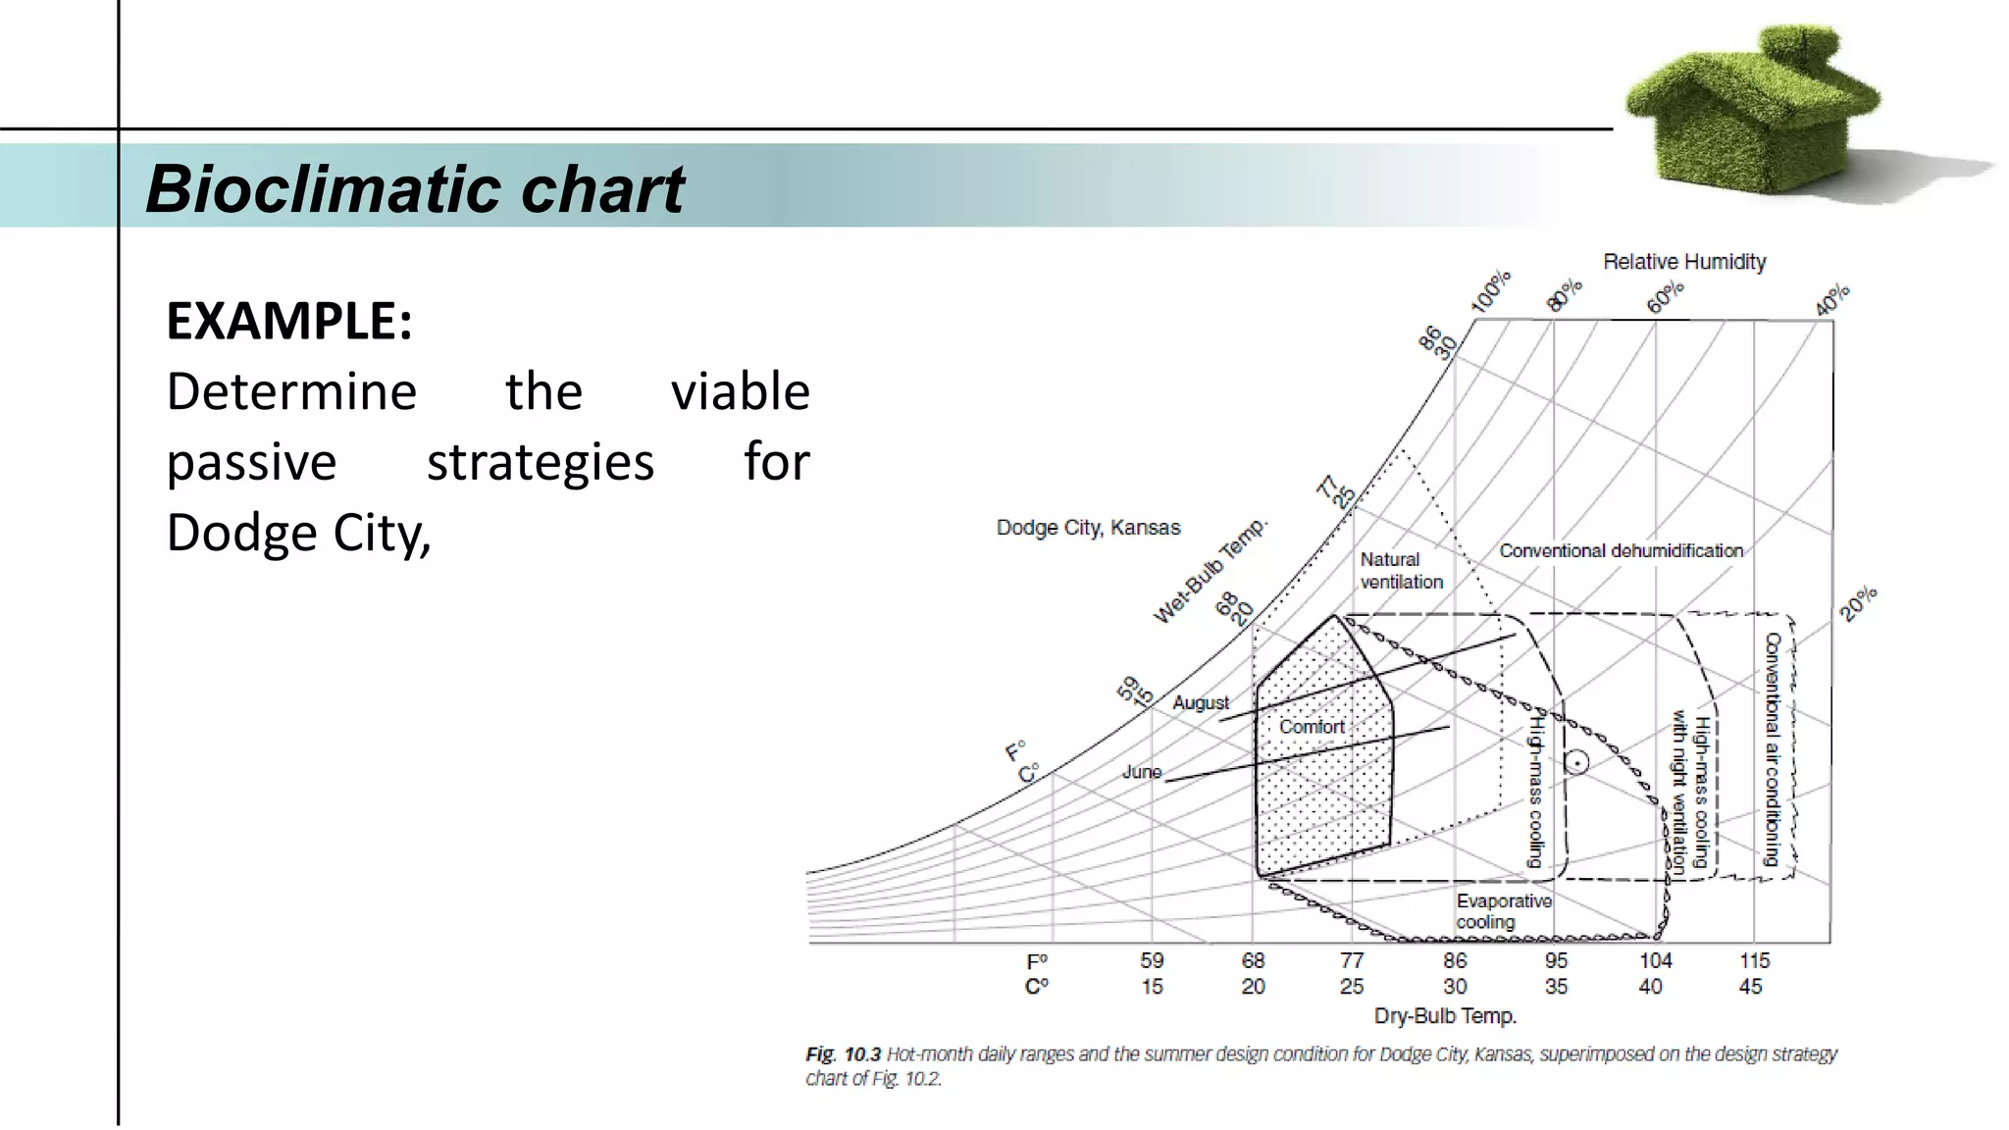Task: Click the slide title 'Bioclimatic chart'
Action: (414, 188)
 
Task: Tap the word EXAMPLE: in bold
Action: (289, 321)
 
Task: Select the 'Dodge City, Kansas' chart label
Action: (1088, 528)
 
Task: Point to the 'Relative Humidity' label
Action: (1684, 262)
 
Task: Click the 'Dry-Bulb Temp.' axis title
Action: (1445, 1016)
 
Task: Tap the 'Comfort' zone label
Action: (1312, 727)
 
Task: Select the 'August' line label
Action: (1200, 703)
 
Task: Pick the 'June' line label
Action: (1142, 772)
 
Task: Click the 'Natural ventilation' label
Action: (1401, 570)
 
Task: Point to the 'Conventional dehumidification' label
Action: (1621, 551)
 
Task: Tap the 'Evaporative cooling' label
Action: (1503, 911)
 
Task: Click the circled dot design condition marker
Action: (1576, 762)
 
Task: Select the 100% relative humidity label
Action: (1491, 292)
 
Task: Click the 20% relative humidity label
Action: (1858, 603)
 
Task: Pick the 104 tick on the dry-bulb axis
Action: (1655, 961)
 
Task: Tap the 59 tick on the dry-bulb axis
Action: (1152, 961)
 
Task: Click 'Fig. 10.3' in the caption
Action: (843, 1054)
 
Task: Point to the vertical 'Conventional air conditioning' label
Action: (1772, 748)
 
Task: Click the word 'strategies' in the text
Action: (540, 462)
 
